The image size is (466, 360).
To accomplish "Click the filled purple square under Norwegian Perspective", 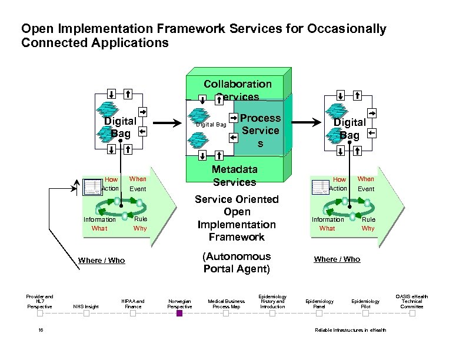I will [179, 314].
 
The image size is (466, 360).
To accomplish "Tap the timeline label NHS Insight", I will [86, 306].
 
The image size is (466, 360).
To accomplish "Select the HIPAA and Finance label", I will [133, 304].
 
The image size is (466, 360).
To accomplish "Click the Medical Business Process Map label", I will [226, 304].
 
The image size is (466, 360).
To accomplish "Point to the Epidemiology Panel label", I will [319, 304].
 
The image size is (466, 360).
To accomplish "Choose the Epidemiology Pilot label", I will [365, 304].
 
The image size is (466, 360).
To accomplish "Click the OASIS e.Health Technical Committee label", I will [412, 301].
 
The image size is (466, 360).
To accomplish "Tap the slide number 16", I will [39, 330].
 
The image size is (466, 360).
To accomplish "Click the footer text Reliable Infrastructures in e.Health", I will [351, 330].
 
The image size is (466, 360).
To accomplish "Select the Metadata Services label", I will [234, 175].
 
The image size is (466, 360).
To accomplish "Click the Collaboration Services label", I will [237, 90].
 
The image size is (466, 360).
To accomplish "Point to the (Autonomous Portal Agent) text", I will [237, 263].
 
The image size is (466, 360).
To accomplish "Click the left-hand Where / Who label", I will [101, 260].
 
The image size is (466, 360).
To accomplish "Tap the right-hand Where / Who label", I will [337, 259].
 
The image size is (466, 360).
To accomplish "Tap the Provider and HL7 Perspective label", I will [39, 301].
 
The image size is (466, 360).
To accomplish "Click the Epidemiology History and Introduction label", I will [272, 301].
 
